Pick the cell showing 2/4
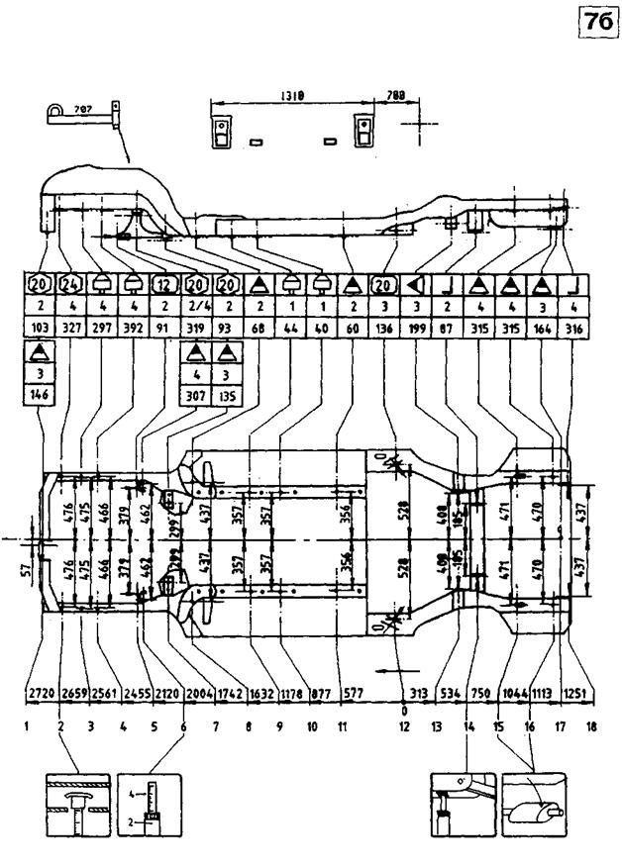coord(197,307)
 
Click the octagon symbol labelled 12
coord(165,284)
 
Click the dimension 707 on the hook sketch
coord(82,112)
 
